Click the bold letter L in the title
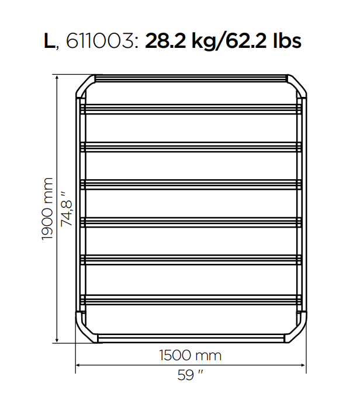point(49,41)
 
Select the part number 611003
point(100,41)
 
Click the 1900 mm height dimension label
point(47,208)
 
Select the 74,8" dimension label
point(66,209)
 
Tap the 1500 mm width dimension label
point(191,356)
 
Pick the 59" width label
point(191,375)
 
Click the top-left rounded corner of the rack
point(85,85)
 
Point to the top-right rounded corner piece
point(297,85)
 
